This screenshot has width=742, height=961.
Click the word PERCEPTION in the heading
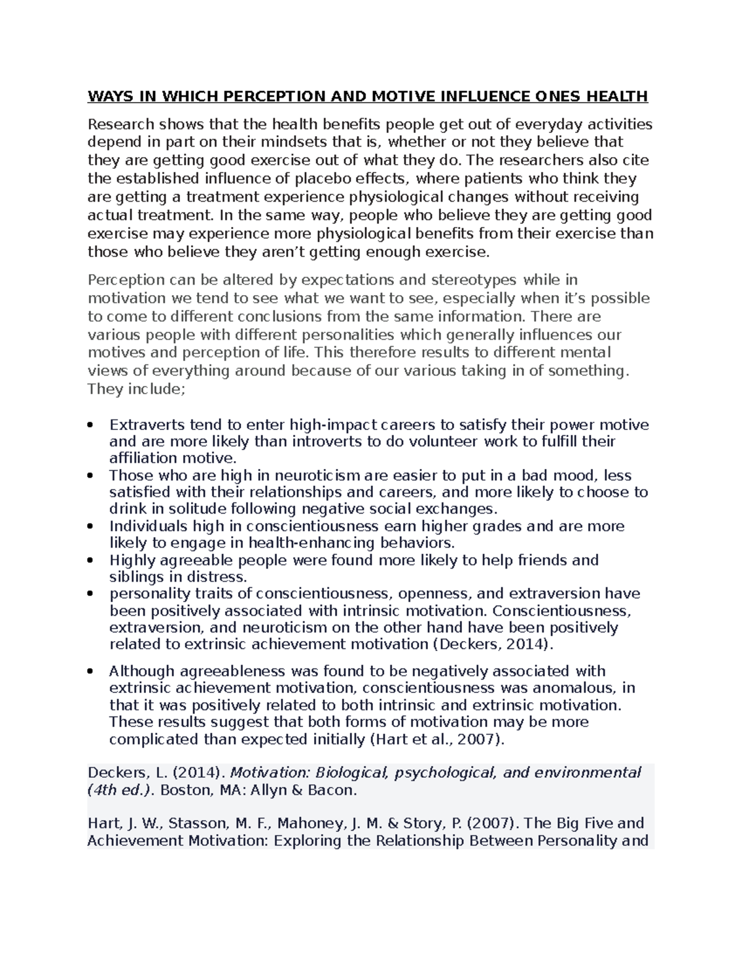pyautogui.click(x=273, y=97)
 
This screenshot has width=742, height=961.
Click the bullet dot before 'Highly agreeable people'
pyautogui.click(x=92, y=561)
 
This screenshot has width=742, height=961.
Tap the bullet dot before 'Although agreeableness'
pyautogui.click(x=92, y=672)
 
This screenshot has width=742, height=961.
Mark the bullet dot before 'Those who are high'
pyautogui.click(x=92, y=476)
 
